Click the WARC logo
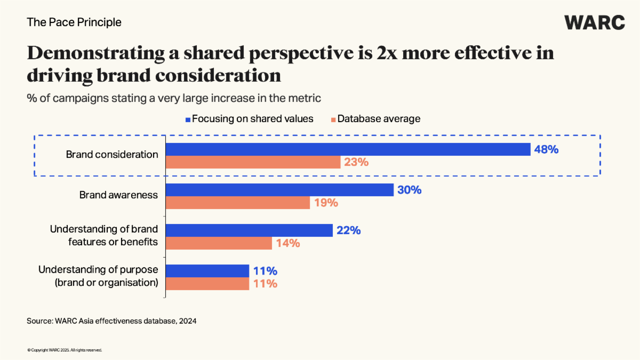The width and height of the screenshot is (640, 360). [595, 22]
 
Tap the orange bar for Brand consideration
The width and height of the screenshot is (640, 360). [253, 162]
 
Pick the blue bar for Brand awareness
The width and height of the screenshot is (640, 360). [279, 190]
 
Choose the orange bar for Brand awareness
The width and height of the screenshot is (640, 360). [238, 203]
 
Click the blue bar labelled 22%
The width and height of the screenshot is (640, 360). [250, 230]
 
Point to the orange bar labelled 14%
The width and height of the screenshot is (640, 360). [219, 243]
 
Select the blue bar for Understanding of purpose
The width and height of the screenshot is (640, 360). [207, 271]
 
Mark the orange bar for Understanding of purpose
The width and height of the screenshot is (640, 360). [207, 284]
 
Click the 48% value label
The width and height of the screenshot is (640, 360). [546, 149]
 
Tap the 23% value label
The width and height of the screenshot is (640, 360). [356, 162]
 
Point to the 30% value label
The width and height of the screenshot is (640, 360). [409, 190]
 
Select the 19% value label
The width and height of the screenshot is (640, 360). [325, 203]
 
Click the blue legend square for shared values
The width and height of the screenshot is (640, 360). [188, 119]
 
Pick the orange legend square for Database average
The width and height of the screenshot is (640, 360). [332, 119]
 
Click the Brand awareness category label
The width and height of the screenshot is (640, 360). [118, 195]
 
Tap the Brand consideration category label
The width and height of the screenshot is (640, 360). [112, 155]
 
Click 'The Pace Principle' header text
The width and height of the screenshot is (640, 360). [74, 22]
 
